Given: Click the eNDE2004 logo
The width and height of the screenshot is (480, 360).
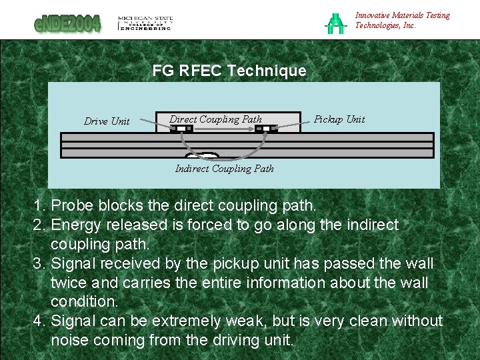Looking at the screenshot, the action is pyautogui.click(x=68, y=23).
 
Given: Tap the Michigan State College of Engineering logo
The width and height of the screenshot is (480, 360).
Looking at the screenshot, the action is pyautogui.click(x=145, y=23).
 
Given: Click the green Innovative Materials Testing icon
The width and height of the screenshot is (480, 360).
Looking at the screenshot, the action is pyautogui.click(x=334, y=23).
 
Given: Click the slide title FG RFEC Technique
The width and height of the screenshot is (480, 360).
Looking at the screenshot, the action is pyautogui.click(x=229, y=71).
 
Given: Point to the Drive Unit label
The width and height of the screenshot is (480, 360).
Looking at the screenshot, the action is pyautogui.click(x=107, y=121).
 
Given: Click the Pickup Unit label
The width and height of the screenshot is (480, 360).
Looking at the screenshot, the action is pyautogui.click(x=339, y=119).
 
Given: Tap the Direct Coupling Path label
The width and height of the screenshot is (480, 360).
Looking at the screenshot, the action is pyautogui.click(x=215, y=119).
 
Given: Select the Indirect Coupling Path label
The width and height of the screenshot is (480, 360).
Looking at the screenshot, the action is pyautogui.click(x=224, y=169).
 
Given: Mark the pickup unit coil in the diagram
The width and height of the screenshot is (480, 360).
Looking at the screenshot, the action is pyautogui.click(x=266, y=129).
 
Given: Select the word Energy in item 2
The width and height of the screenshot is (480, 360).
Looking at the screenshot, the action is pyautogui.click(x=75, y=225).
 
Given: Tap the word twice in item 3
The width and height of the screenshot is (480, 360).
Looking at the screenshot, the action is pyautogui.click(x=71, y=283).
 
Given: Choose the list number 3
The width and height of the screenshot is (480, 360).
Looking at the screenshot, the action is pyautogui.click(x=38, y=263).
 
